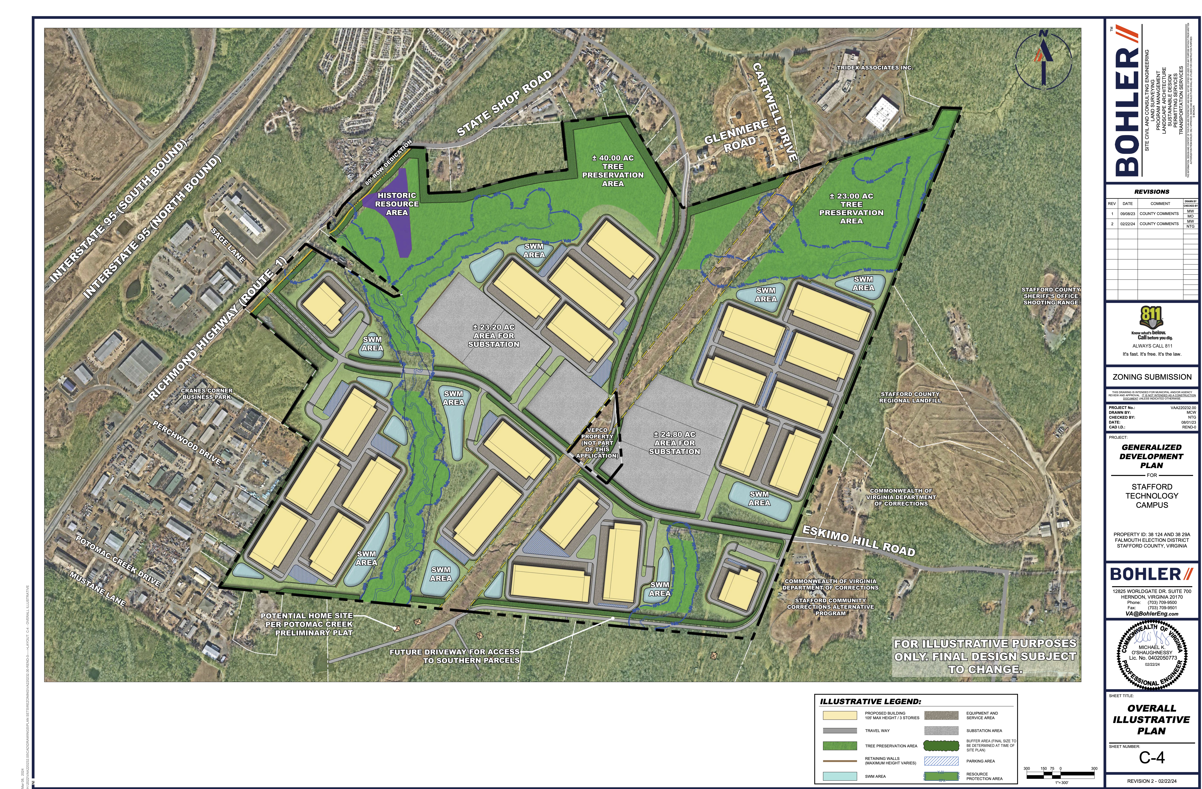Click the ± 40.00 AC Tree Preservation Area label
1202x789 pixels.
[613, 171]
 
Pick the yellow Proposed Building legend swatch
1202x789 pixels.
[839, 715]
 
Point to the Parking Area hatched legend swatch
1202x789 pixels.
[941, 761]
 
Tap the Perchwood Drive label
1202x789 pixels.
[187, 443]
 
